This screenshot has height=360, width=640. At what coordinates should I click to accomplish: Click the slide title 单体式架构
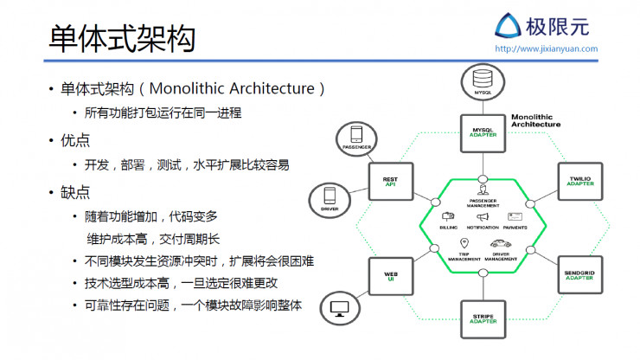coord(121,37)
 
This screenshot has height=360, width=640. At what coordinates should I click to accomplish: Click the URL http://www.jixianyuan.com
coord(546,48)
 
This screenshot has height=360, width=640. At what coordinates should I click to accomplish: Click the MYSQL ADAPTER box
coord(482,132)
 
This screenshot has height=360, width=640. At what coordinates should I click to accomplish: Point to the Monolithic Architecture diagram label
coord(535,120)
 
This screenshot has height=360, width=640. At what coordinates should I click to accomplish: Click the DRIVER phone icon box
coord(329,200)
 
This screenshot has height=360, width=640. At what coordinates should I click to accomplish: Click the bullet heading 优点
coord(75,139)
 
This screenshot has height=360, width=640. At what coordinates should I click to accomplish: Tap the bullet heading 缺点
coord(75,191)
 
